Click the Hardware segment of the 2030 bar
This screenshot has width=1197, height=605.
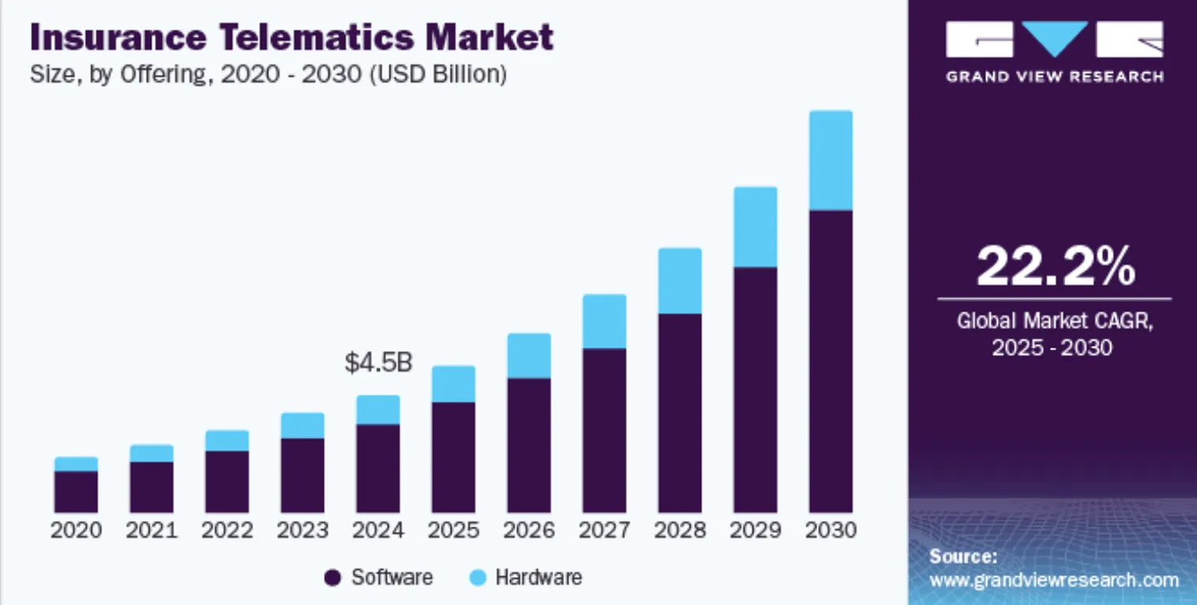tap(831, 161)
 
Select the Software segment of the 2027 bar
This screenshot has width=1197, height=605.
tap(604, 430)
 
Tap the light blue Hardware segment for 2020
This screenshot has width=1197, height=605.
tap(76, 464)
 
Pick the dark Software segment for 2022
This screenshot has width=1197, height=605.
tap(227, 481)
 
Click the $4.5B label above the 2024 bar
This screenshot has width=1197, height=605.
tap(378, 363)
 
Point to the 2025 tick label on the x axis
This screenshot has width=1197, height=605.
tap(453, 530)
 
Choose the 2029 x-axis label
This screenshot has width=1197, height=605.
tap(755, 530)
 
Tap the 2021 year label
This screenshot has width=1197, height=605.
tap(151, 530)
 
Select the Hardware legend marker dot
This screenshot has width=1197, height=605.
tap(477, 578)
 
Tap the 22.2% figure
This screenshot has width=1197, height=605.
tap(1055, 267)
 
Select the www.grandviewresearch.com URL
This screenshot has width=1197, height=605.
tap(1054, 581)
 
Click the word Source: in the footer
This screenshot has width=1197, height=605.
tap(963, 557)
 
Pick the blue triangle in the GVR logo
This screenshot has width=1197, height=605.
tap(1054, 37)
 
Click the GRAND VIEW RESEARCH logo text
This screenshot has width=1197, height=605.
tap(1054, 76)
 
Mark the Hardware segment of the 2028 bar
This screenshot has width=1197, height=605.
tap(680, 281)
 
